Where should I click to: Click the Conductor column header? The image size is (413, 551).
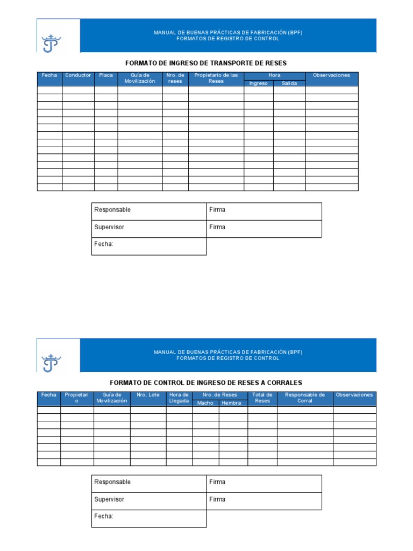[x=78, y=75]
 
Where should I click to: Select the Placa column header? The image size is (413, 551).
[x=106, y=75]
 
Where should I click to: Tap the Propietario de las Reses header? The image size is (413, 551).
[x=216, y=78]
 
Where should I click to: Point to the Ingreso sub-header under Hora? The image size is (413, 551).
[x=258, y=83]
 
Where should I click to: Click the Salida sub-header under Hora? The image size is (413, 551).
[x=289, y=83]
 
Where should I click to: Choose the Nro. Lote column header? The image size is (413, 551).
[x=148, y=395]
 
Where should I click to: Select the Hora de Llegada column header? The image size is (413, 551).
[x=179, y=398]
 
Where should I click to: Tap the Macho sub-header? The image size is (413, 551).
[x=205, y=403]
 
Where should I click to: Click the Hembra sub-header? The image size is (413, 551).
[x=232, y=403]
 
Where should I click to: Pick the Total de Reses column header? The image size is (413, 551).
[x=262, y=398]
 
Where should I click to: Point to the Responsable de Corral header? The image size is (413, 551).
[x=305, y=398]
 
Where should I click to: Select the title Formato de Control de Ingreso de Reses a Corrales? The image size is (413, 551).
[x=206, y=383]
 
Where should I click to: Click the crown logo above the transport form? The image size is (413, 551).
[x=52, y=43]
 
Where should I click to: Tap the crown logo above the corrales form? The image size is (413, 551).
[x=52, y=363]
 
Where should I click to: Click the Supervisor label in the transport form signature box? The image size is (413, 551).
[x=109, y=227]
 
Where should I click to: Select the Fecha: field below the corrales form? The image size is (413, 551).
[x=104, y=517]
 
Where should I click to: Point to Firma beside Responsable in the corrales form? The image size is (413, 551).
[x=217, y=482]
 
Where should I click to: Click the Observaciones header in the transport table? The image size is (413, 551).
[x=331, y=75]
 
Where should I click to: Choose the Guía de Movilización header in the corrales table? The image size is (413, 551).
[x=112, y=398]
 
